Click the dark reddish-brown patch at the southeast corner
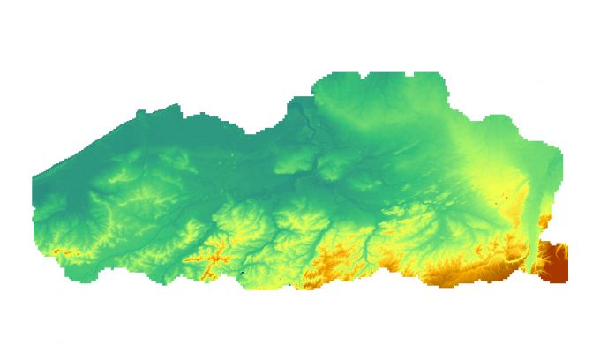(x=554, y=262)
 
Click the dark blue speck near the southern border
(x=241, y=274)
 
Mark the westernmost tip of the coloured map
(x=33, y=181)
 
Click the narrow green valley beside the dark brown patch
(x=535, y=256)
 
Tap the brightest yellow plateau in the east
(x=494, y=176)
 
